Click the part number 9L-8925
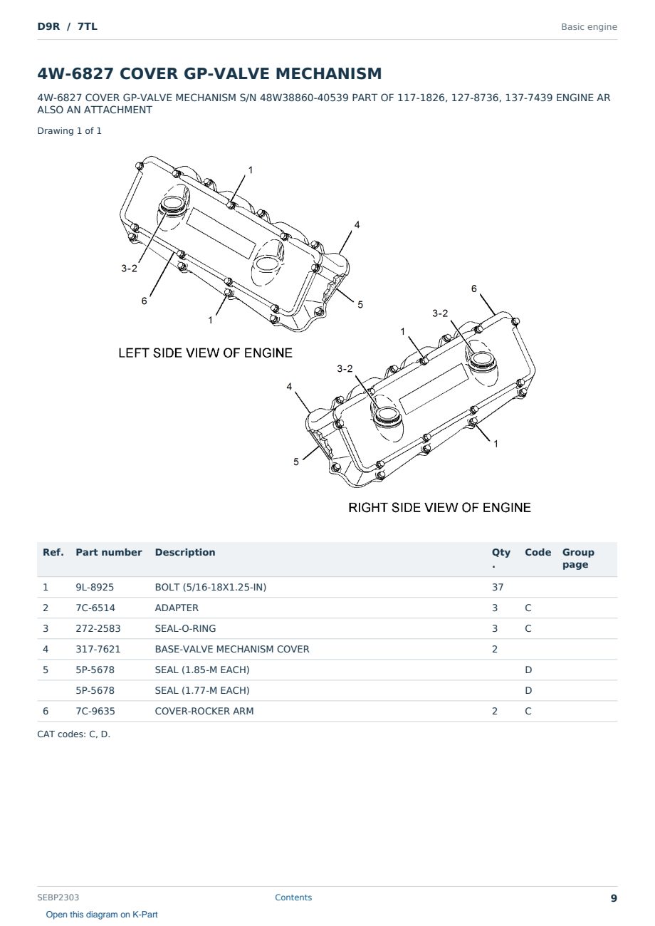(x=95, y=587)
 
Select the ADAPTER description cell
(x=177, y=608)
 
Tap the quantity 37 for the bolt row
(x=498, y=587)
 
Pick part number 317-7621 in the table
(x=98, y=649)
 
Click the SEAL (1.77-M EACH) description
(x=202, y=690)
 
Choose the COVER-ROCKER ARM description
(x=204, y=711)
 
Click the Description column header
(x=185, y=552)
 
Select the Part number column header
(x=109, y=552)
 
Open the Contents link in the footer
(x=293, y=898)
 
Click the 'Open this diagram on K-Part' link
(x=102, y=915)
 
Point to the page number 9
(x=614, y=898)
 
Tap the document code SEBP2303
(x=58, y=898)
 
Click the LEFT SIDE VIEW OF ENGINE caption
(x=205, y=353)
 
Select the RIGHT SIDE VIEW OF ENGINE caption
(x=439, y=508)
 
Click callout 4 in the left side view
(x=357, y=225)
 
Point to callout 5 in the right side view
(x=296, y=462)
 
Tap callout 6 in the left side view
(x=144, y=301)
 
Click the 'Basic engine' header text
(x=589, y=27)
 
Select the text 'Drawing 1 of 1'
(x=70, y=131)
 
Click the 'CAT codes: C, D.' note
(x=73, y=734)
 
